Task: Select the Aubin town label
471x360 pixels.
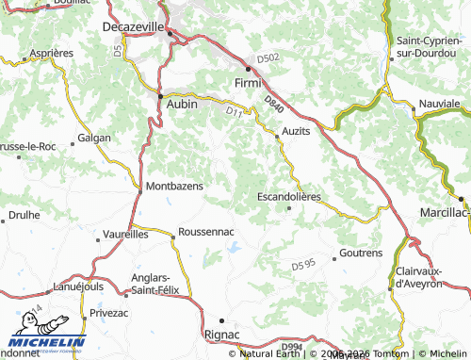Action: [x=182, y=105]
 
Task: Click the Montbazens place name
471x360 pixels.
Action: [x=174, y=187]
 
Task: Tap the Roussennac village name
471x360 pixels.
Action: [x=205, y=231]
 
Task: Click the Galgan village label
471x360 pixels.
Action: [x=94, y=138]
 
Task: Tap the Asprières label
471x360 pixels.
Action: [x=52, y=53]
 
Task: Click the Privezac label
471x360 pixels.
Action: [x=110, y=310]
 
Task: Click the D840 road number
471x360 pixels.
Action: [x=273, y=102]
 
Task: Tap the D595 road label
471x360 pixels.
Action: [x=303, y=265]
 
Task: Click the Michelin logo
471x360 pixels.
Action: [x=46, y=342]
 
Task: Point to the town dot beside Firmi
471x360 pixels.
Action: [x=250, y=69]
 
